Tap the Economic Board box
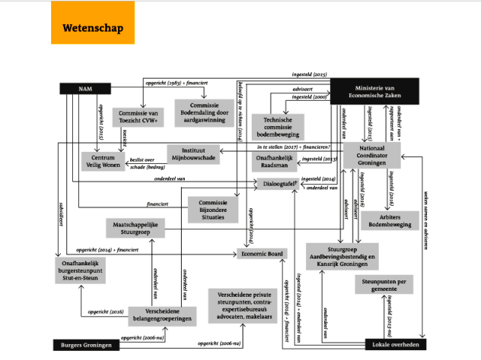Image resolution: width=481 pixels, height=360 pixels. point(262,254)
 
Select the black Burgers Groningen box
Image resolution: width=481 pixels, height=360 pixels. point(86,345)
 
